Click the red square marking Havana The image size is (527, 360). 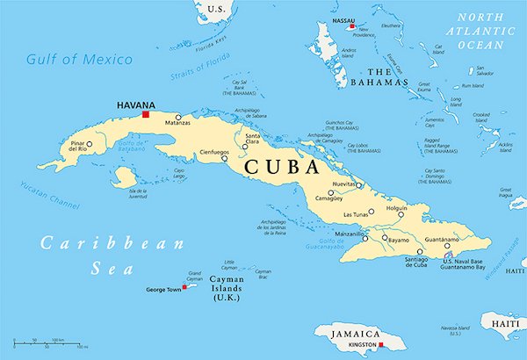click(147, 114)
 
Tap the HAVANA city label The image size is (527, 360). click(136, 104)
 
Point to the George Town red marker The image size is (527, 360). click(184, 286)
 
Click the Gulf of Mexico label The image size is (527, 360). click(79, 60)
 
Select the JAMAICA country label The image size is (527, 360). click(354, 335)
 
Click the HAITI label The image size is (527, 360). click(506, 325)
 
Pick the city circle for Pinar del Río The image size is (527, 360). click(89, 143)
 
